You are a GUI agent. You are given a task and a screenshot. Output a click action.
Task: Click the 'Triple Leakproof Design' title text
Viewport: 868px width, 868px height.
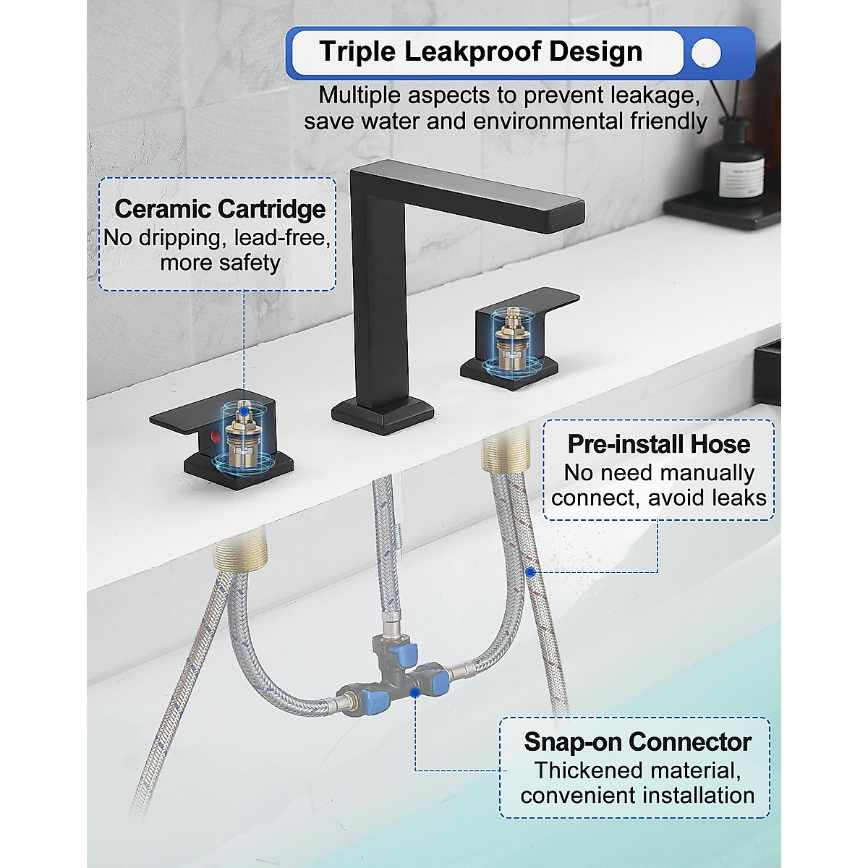point(480,52)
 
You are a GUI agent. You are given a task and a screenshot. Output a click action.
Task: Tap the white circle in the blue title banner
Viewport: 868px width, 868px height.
point(705,53)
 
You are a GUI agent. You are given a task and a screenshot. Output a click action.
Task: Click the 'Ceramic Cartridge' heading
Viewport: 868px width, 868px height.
point(220,209)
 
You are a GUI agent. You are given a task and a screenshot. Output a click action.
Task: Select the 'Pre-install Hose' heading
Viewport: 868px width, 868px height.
point(658,443)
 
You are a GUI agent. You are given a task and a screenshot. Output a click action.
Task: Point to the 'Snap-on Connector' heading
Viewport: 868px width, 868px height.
point(637,741)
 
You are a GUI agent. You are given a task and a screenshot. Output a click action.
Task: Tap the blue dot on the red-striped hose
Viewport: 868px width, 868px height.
point(530,571)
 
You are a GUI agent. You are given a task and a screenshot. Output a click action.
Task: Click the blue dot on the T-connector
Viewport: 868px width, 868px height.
point(415,693)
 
